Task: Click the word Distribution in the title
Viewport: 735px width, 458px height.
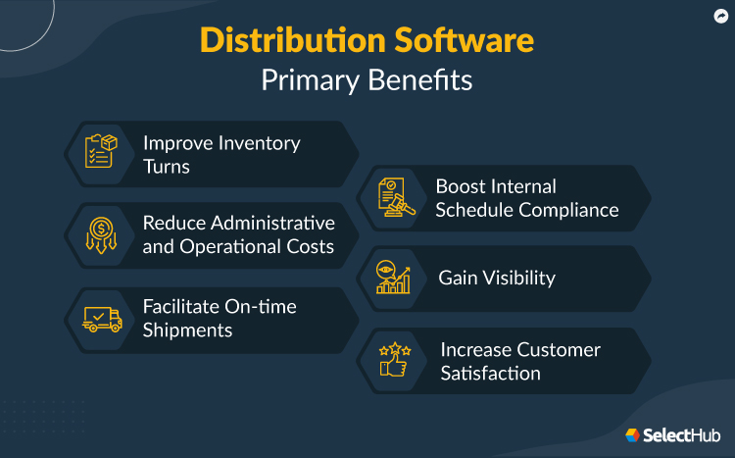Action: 281,40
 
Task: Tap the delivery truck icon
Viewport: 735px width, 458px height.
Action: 101,318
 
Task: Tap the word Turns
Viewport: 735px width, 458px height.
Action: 166,167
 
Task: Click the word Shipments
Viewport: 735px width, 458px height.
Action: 187,331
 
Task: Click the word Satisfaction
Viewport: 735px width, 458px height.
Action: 490,374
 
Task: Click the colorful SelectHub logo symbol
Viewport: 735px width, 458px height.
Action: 633,433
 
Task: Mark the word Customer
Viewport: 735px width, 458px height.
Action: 560,349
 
